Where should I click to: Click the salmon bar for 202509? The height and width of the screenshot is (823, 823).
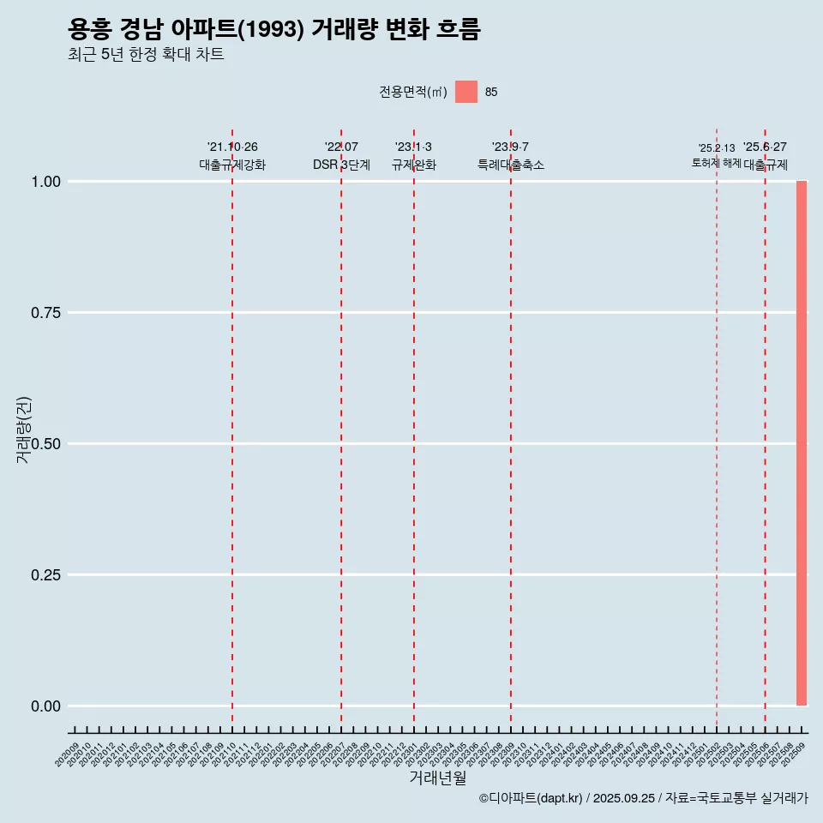[x=802, y=443]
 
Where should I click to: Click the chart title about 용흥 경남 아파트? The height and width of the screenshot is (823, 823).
[x=273, y=29]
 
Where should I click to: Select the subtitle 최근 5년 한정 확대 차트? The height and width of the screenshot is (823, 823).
[x=146, y=55]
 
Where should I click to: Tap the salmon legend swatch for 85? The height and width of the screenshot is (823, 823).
[x=466, y=92]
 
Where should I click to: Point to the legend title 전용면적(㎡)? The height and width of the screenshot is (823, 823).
[x=412, y=92]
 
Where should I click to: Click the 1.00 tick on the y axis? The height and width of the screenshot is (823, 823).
[x=45, y=182]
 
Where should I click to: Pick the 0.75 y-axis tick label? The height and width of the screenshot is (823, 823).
[x=45, y=313]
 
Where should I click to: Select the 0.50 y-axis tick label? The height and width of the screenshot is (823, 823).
[x=45, y=444]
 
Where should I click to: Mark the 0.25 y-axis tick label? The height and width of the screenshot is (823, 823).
[x=45, y=575]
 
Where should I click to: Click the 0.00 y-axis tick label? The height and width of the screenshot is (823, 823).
[x=45, y=706]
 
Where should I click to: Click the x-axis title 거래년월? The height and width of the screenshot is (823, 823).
[x=437, y=778]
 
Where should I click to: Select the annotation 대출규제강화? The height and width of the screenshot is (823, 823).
[x=232, y=165]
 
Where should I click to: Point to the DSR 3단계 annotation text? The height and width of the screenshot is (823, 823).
[x=341, y=165]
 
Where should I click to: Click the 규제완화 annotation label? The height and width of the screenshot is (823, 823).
[x=414, y=165]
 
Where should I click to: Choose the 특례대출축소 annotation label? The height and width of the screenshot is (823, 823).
[x=511, y=165]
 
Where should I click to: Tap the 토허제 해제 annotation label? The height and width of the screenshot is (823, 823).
[x=716, y=163]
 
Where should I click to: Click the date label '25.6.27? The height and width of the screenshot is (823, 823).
[x=765, y=147]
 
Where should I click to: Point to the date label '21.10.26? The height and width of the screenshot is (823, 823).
[x=232, y=147]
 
